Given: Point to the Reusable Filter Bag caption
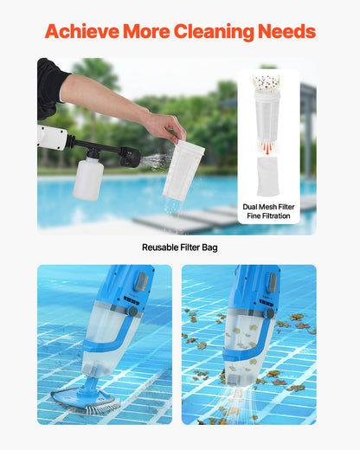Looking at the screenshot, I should [180, 247].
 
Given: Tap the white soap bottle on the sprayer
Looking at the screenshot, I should [87, 177].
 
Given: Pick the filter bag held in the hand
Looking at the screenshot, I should [183, 170].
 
